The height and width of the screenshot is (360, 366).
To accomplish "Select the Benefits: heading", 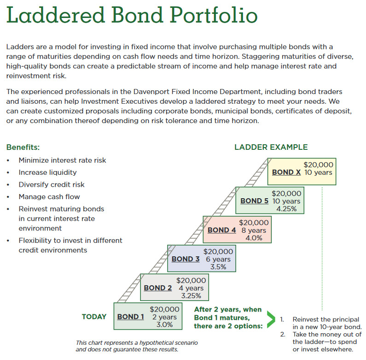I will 23,148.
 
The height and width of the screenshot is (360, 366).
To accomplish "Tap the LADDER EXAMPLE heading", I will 271,148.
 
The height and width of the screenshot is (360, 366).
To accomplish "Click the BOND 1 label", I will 131,317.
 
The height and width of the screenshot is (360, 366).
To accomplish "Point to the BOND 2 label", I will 158,288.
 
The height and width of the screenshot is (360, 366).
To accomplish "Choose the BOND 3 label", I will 186,259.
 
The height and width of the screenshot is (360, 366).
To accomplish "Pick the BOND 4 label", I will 222,230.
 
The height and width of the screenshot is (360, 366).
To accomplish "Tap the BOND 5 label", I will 254,201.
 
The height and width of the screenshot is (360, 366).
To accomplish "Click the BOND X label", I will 286,172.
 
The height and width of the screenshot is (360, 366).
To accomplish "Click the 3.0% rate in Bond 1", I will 164,325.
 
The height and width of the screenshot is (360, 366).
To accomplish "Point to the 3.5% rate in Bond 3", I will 218,267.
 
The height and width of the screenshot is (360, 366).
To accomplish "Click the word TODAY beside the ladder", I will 94,317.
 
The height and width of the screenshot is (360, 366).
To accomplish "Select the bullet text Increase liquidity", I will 48,172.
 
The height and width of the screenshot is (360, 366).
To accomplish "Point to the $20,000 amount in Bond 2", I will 192,280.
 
